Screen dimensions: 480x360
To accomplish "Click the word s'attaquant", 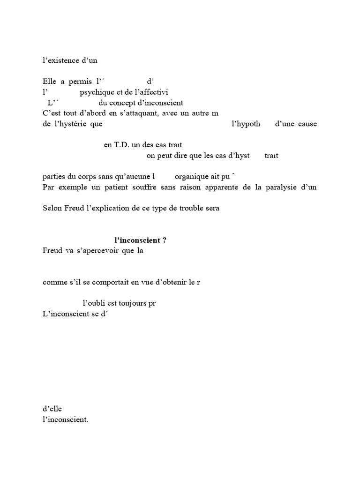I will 140,113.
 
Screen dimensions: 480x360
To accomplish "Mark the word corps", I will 89,177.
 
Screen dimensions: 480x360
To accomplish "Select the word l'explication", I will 106,208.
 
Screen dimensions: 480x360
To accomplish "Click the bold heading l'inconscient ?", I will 141,240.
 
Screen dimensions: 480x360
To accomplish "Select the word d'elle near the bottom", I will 52,409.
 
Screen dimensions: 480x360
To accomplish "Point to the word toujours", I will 128,303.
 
